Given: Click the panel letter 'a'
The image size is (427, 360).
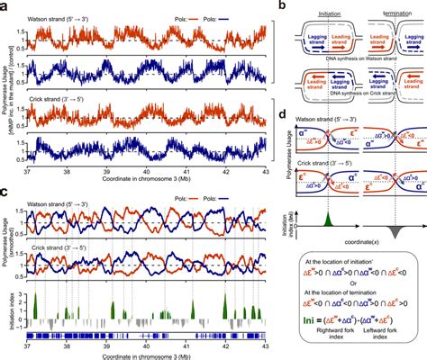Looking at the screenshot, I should tap(5, 6).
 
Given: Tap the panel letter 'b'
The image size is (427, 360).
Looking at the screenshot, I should tap(284, 6).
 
